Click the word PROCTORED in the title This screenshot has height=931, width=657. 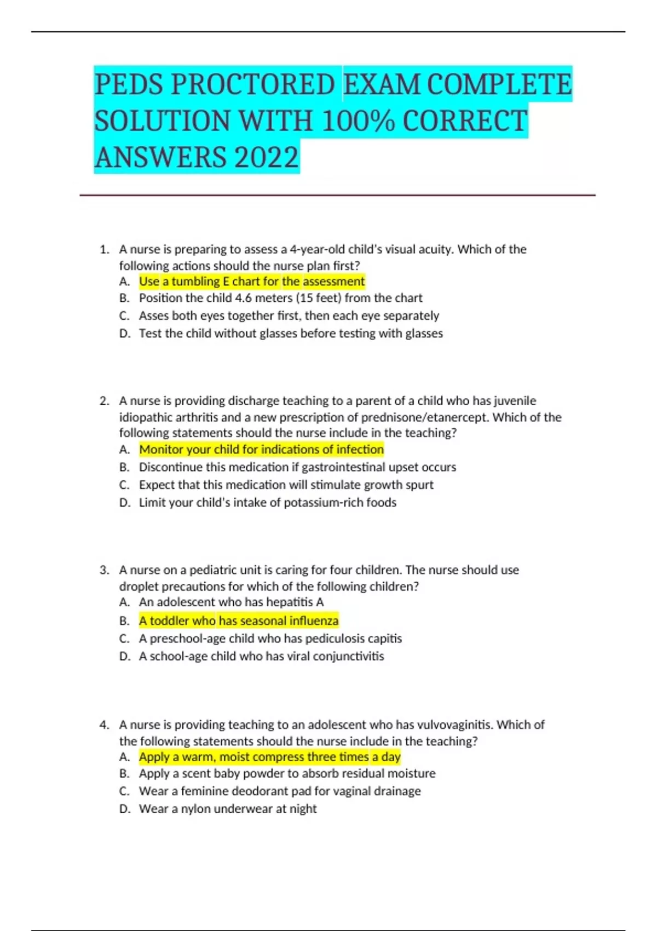point(252,84)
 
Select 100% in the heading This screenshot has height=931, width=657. point(358,121)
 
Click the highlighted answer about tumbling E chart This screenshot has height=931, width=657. point(251,281)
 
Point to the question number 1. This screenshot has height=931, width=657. point(104,250)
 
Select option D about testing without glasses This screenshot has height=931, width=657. point(291,334)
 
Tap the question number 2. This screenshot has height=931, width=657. point(104,401)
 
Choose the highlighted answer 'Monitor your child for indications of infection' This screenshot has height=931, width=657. point(261,450)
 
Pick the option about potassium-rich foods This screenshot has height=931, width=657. point(267,503)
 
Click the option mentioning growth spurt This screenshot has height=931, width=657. point(286,485)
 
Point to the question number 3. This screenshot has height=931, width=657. point(104,570)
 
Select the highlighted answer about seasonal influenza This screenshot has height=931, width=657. point(239,621)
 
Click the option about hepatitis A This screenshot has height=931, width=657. point(231,602)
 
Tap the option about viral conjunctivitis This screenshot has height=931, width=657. point(261,656)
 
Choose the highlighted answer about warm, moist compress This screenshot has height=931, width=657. point(269,757)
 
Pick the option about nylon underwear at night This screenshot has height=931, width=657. point(228,809)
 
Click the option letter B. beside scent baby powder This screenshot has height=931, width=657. point(124,774)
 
